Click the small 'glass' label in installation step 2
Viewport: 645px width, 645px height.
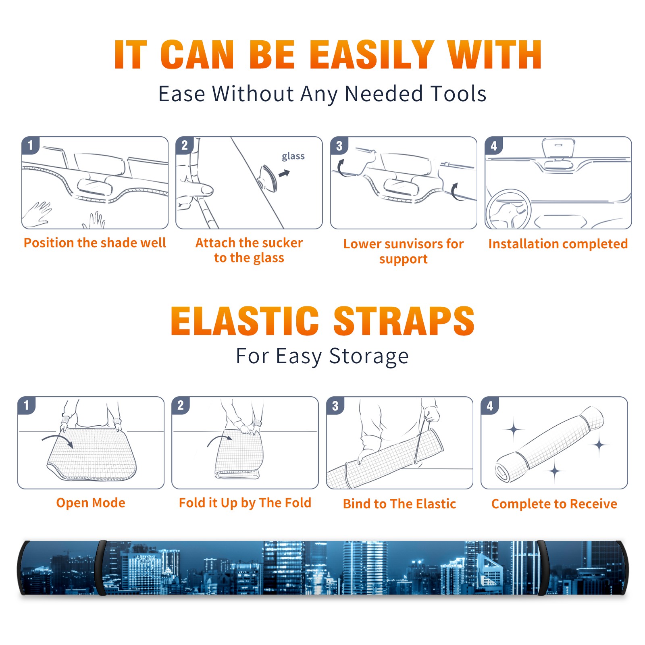(x=293, y=156)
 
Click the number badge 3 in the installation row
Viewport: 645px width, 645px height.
(x=339, y=146)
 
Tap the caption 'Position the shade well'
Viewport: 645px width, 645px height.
(x=95, y=243)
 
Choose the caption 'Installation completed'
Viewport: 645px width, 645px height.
(x=558, y=243)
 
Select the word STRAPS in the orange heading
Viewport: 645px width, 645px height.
(x=404, y=321)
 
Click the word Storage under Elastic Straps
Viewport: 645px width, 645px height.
(x=369, y=356)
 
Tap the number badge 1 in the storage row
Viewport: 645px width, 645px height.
(x=27, y=405)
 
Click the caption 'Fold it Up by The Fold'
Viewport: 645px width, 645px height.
(x=245, y=503)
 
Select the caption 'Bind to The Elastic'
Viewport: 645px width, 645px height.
(x=399, y=504)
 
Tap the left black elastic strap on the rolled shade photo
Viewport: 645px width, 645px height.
(x=100, y=568)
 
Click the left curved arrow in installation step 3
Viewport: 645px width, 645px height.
(x=340, y=169)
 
